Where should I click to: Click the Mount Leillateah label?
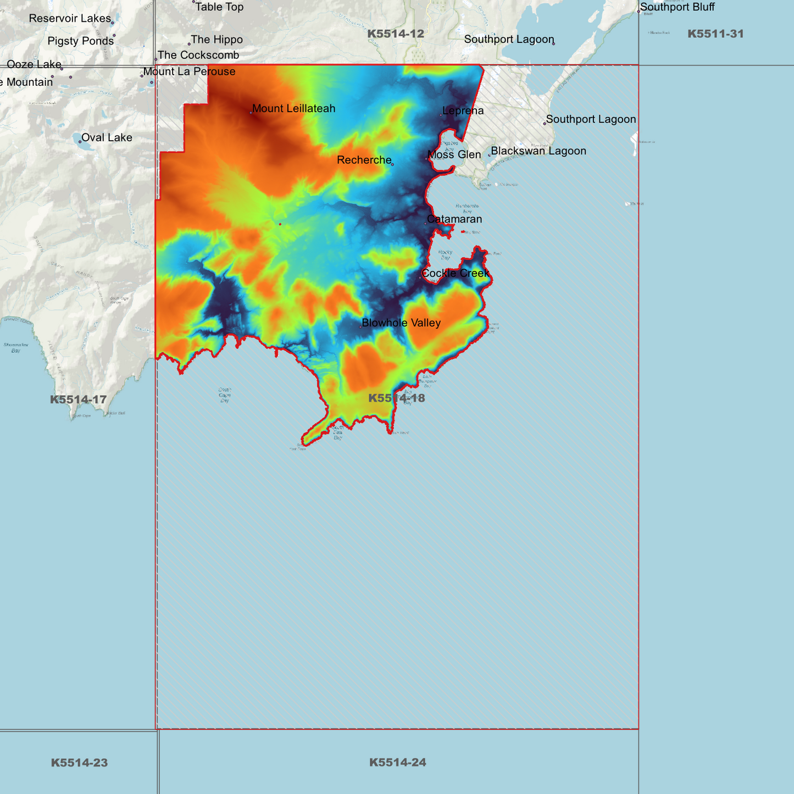[293, 109]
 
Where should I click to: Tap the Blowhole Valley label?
[401, 323]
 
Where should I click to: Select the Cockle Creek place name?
[455, 273]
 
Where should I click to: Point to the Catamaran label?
[454, 219]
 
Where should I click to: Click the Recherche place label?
[364, 160]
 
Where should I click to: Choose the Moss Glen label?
[454, 155]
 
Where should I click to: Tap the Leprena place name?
[463, 111]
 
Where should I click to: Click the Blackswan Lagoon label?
[538, 151]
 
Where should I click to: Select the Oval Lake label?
[107, 138]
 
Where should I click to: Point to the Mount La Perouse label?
[189, 72]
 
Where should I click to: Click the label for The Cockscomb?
[198, 55]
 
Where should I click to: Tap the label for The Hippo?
[216, 40]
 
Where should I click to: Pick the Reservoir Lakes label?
[70, 19]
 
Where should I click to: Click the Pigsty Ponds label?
[81, 41]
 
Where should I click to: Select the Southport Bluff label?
[678, 7]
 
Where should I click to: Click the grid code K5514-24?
[397, 762]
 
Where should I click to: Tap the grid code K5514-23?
[79, 763]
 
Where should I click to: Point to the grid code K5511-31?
[715, 34]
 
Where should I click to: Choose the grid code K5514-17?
[78, 400]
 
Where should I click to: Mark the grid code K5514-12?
[396, 34]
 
